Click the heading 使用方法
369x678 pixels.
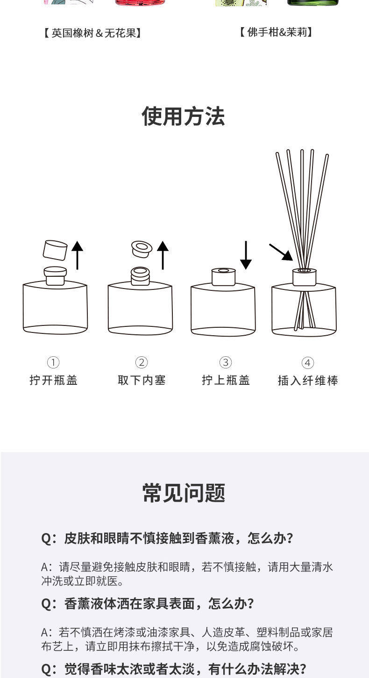coord(184,116)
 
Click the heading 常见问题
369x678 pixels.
coord(184,493)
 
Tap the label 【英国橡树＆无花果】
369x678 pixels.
coord(93,33)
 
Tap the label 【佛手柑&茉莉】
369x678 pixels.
coord(276,32)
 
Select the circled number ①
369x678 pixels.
coord(53,362)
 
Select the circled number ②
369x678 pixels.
coord(142,362)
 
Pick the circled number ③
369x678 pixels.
coord(226,362)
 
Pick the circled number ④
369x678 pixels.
coord(307,363)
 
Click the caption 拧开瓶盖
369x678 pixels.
coord(53,380)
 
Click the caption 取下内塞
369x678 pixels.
coord(142,380)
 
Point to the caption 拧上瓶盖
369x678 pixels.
coord(226,380)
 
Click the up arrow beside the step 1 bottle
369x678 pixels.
coord(77,255)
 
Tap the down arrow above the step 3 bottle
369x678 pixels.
coord(246,255)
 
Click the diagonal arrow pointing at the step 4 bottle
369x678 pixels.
coord(281,252)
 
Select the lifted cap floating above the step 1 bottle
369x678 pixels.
coord(55,250)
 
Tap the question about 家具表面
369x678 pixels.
coord(148,604)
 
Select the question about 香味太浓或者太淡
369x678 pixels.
coord(174,669)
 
